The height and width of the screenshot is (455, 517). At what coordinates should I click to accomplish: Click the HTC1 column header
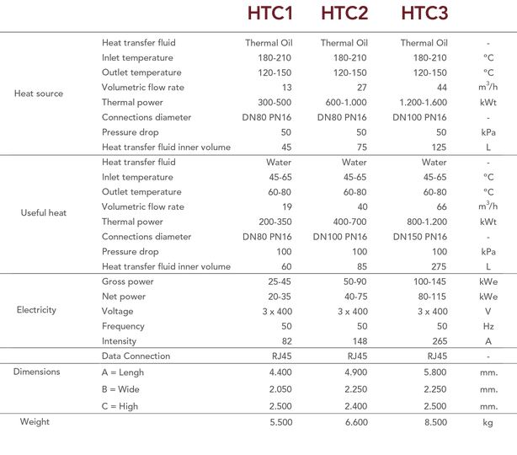coord(268,14)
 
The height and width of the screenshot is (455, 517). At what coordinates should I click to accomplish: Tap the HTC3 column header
coord(424,14)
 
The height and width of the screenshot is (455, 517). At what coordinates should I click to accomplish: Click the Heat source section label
coord(39,94)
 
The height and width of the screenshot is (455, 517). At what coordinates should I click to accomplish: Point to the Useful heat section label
coord(44,213)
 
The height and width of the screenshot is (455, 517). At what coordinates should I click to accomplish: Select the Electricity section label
coord(36,310)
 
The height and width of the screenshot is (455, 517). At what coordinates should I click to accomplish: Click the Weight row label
coord(35,421)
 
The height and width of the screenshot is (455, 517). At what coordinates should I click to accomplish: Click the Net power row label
coord(125,296)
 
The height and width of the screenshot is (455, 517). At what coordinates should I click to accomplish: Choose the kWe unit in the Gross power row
coord(488,281)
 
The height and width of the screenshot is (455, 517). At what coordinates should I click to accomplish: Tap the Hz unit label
coord(488,326)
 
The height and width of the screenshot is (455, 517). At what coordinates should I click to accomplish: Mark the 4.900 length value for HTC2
coord(354,371)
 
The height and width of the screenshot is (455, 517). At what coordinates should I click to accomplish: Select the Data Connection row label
coord(136,356)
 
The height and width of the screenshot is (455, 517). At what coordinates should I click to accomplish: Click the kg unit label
coord(488,421)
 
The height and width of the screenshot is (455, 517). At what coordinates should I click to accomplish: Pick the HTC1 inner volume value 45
coord(285,147)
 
